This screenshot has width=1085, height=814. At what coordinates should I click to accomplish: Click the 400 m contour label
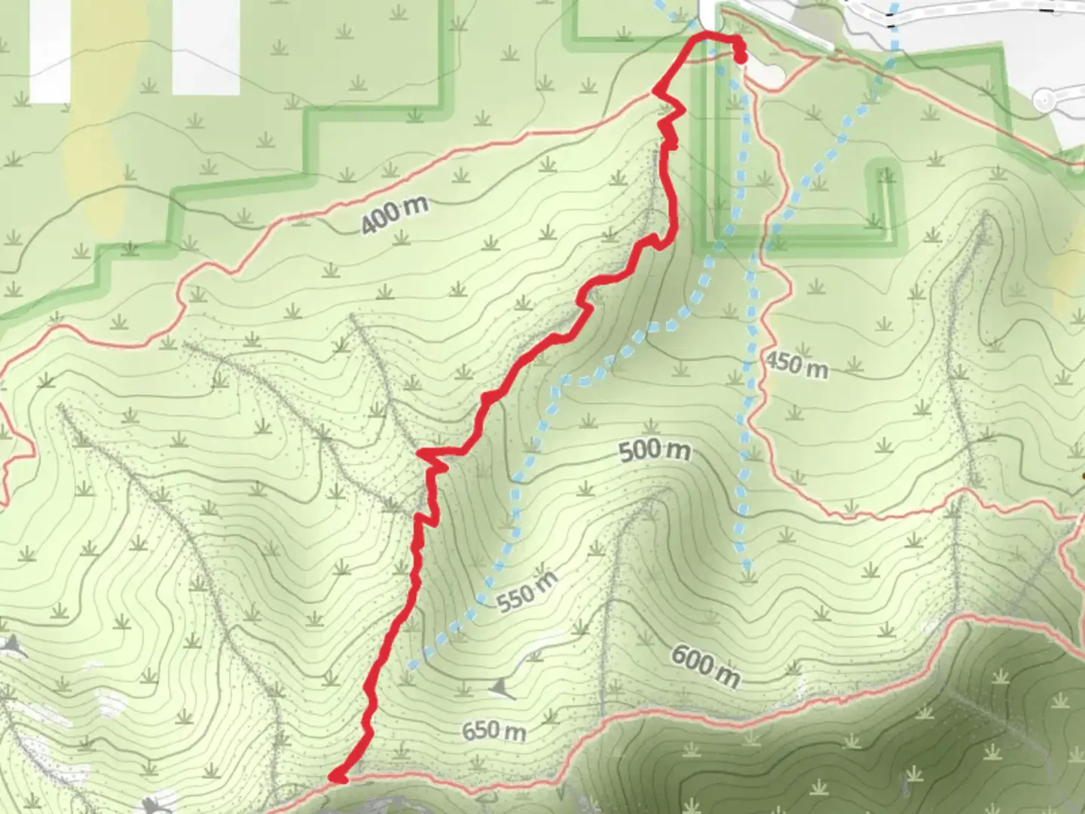click(394, 215)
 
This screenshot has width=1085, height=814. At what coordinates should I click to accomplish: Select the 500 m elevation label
click(654, 451)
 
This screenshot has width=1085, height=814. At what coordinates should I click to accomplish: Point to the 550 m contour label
click(527, 591)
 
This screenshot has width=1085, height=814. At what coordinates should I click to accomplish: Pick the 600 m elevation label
click(705, 667)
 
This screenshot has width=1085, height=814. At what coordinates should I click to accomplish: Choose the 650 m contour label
click(494, 730)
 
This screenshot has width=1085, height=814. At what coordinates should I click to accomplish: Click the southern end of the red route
click(337, 776)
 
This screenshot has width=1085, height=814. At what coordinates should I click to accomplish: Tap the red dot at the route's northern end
click(741, 57)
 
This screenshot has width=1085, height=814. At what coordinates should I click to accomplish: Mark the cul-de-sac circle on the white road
click(1044, 100)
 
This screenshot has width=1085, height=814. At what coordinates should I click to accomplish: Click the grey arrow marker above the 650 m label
click(500, 688)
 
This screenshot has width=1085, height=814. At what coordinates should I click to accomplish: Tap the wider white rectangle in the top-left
click(206, 47)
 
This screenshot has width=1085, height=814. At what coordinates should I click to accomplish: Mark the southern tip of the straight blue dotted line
click(747, 573)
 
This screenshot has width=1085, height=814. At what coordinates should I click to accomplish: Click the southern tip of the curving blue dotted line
click(411, 666)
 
